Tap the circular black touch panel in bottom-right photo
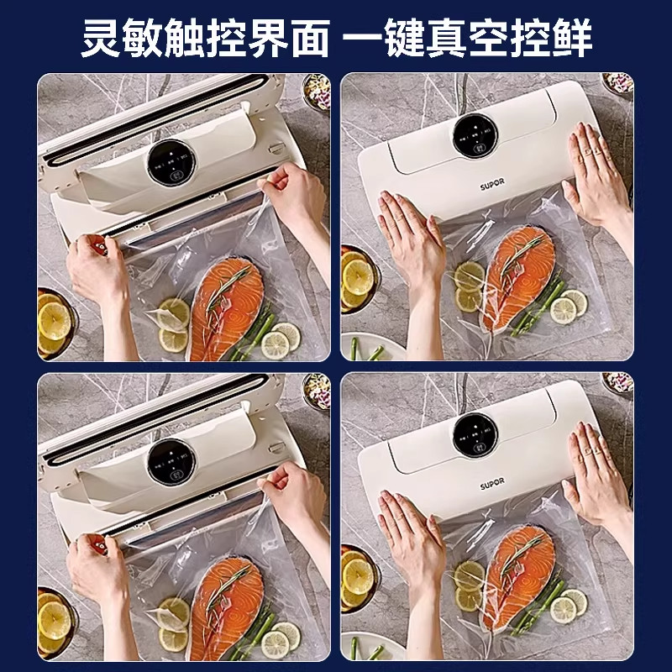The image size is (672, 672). click(x=475, y=433)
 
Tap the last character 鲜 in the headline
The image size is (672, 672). click(x=573, y=39)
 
